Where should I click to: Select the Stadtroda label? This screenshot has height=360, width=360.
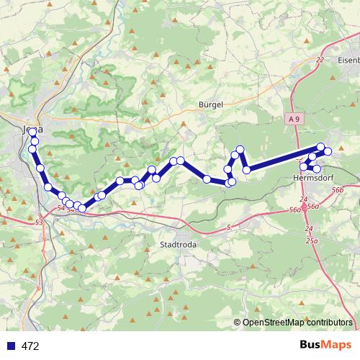click(x=176, y=245)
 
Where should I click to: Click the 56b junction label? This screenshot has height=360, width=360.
click(x=338, y=189)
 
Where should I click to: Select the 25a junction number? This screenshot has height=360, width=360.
click(x=312, y=239)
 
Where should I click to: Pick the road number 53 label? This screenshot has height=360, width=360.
click(x=38, y=223)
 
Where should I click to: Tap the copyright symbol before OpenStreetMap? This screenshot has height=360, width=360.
click(x=238, y=323)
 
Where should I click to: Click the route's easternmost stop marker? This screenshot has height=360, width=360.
click(x=328, y=151)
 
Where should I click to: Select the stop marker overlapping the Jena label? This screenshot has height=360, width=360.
click(x=33, y=132)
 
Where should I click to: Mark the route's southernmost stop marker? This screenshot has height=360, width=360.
click(x=82, y=209)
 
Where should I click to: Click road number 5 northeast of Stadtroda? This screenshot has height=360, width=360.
click(x=229, y=228)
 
